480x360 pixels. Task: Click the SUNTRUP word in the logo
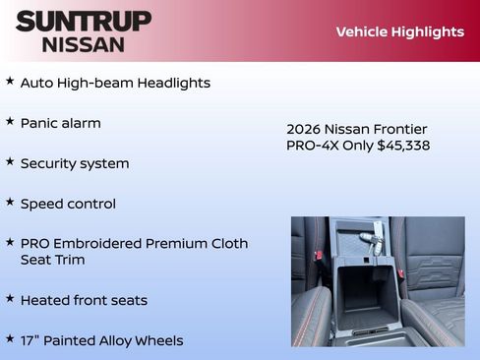(x=84, y=21)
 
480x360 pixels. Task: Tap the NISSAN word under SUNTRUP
(x=84, y=43)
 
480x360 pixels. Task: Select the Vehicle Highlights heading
(x=399, y=31)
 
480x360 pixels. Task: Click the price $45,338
(x=403, y=146)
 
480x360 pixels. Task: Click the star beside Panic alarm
(x=10, y=122)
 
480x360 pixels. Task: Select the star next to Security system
(x=10, y=162)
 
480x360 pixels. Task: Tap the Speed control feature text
(x=68, y=204)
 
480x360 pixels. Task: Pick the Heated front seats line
(x=84, y=300)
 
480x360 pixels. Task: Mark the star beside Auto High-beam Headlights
(x=10, y=82)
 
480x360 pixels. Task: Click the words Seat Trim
(x=52, y=260)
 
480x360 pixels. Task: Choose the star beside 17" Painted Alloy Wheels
(x=10, y=339)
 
